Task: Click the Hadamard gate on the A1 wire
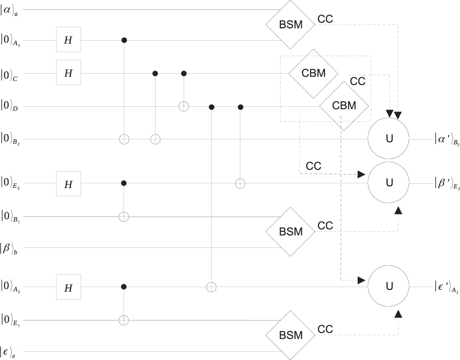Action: pos(68,40)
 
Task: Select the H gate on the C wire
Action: pos(68,73)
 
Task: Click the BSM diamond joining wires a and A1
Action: pos(291,25)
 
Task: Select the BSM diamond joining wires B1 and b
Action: pos(291,232)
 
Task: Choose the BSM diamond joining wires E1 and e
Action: pos(291,335)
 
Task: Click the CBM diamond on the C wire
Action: pos(313,73)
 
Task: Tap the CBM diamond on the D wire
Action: pos(344,106)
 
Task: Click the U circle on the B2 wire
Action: pos(389,139)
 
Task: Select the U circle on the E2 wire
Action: pos(389,182)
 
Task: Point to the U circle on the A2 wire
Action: pos(389,286)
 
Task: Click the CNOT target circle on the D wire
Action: pos(183,107)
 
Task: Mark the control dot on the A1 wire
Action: pos(124,40)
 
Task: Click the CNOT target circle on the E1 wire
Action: pos(124,320)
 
